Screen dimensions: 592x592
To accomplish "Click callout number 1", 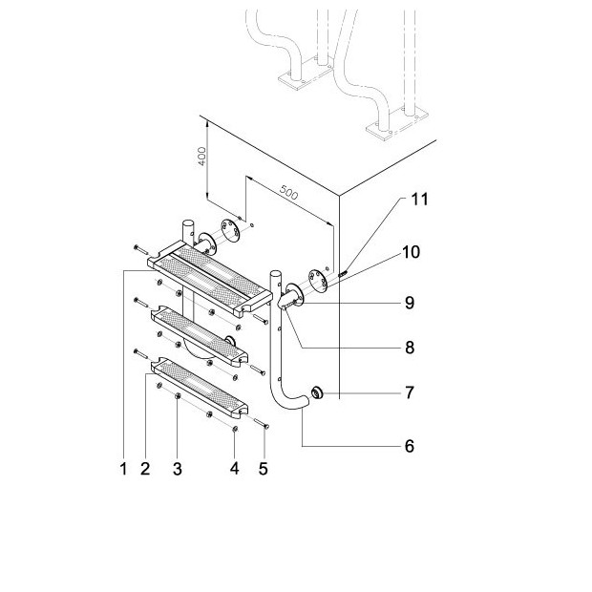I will pos(123,469).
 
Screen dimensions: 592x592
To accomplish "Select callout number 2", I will pos(145,469).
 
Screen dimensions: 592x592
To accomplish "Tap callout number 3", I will pos(178,469).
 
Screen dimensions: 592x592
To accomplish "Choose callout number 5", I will pos(264,469).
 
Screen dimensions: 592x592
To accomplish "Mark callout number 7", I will pos(409,393).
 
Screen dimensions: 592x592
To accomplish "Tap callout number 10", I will pos(411,252).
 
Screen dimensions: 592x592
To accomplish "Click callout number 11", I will pos(419,200).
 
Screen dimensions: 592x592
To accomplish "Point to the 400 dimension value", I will pos(201,155).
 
